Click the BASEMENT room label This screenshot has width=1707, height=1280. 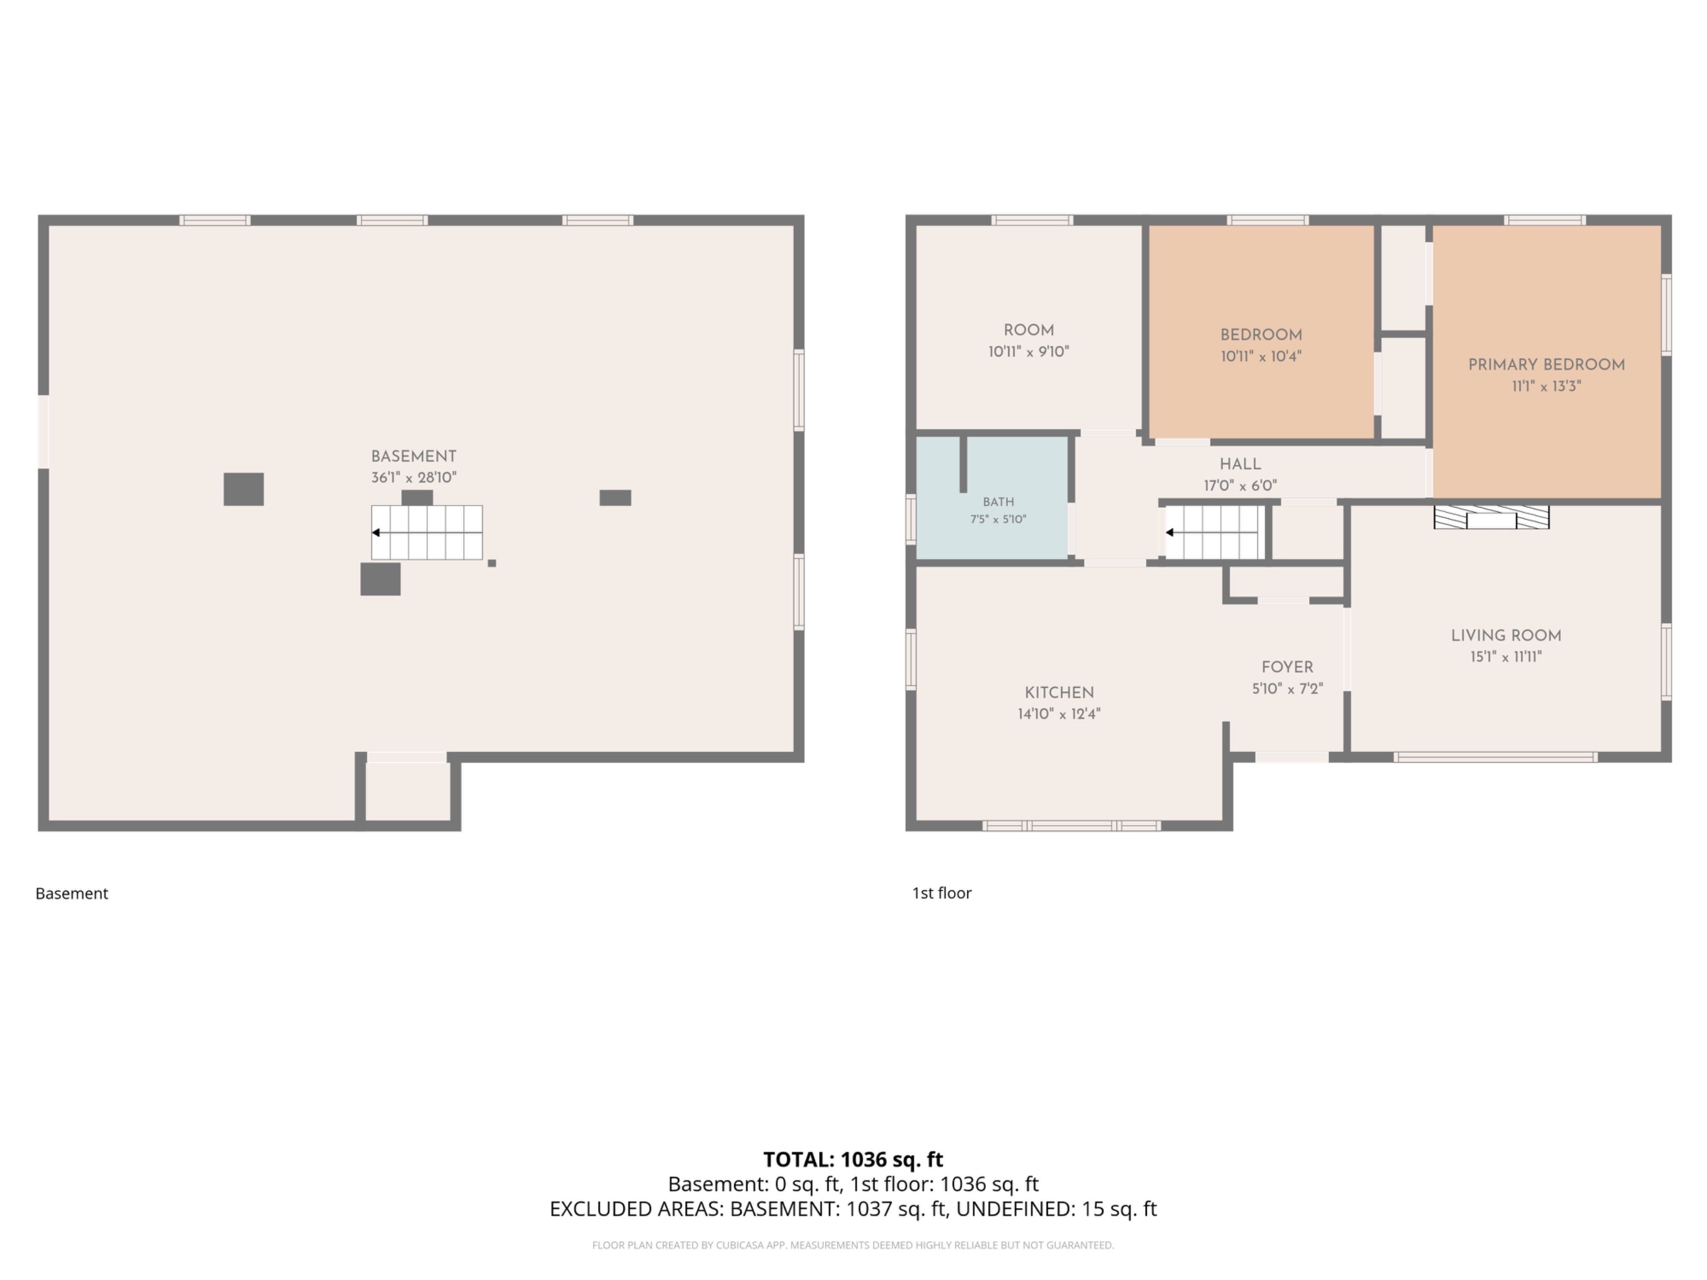point(413,456)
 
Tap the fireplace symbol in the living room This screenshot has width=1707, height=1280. point(1491,517)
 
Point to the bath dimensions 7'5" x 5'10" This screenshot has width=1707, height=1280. point(998,519)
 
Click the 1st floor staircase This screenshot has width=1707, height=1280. point(1214,532)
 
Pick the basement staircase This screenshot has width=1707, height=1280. point(427,532)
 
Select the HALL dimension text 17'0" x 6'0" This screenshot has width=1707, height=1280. point(1240,485)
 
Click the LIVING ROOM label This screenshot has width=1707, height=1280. point(1506,635)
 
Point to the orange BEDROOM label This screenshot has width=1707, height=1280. point(1261,335)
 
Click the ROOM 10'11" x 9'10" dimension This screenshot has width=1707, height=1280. point(1029,352)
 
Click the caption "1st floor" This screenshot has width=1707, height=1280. point(942,893)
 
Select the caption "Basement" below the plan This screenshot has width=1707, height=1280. point(72,893)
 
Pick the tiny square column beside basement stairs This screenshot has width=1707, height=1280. point(492,563)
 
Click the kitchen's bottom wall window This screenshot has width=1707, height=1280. point(1071,826)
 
